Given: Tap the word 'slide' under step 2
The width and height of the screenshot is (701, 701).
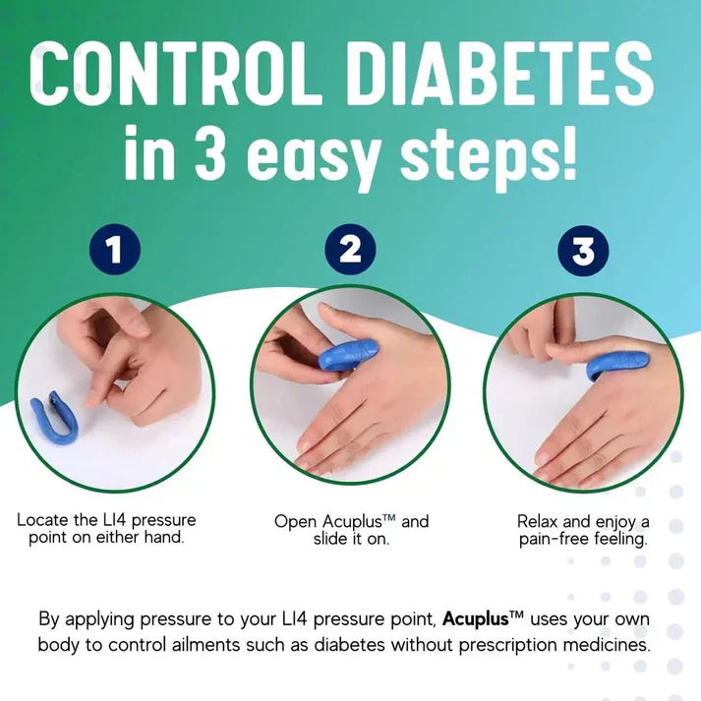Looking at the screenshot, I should tap(336, 540).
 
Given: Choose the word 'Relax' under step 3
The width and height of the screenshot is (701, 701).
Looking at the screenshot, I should tap(540, 520).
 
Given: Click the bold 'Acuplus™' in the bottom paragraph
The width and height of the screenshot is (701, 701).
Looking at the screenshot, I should tap(487, 619).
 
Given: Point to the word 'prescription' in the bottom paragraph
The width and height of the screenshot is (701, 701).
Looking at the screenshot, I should tap(517, 646).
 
